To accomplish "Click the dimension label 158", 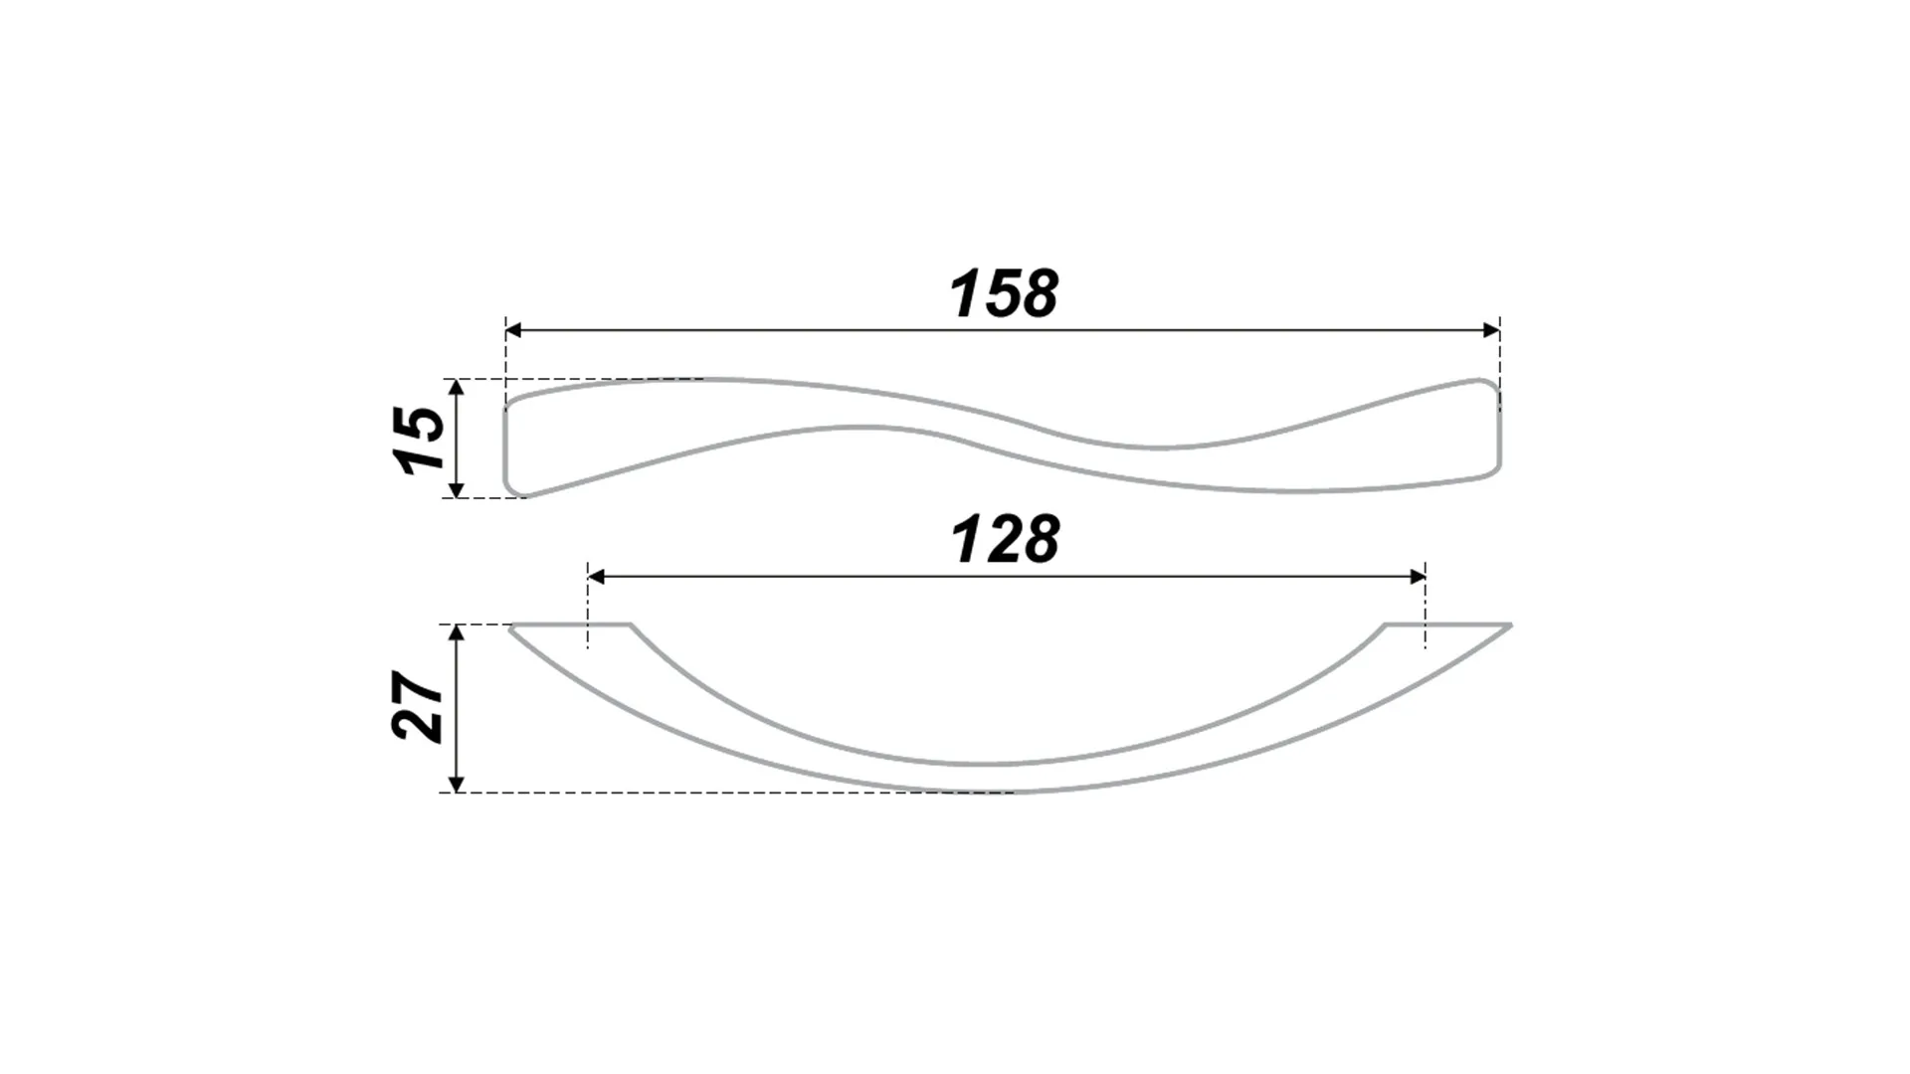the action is pyautogui.click(x=1005, y=294).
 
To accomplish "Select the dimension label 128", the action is pyautogui.click(x=1006, y=540).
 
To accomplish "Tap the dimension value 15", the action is pyautogui.click(x=419, y=439).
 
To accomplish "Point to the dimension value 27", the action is pyautogui.click(x=419, y=708).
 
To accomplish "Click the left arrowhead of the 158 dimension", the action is pyautogui.click(x=514, y=330).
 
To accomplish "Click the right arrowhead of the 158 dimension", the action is pyautogui.click(x=1491, y=330).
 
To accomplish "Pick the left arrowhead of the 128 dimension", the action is pyautogui.click(x=597, y=577).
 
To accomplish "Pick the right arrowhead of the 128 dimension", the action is pyautogui.click(x=1418, y=577).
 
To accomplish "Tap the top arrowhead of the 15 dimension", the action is pyautogui.click(x=456, y=388).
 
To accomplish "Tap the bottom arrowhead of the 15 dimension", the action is pyautogui.click(x=456, y=488).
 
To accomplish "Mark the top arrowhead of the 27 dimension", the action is pyautogui.click(x=456, y=634).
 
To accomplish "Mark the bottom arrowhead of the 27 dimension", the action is pyautogui.click(x=456, y=784).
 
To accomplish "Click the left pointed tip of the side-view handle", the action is pyautogui.click(x=510, y=626).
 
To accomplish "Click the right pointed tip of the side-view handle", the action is pyautogui.click(x=1510, y=626).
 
